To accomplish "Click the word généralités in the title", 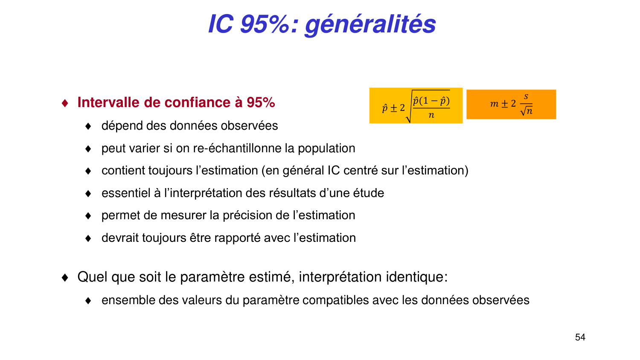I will tap(370, 24).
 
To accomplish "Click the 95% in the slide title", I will tap(265, 24).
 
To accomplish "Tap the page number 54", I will tap(580, 337).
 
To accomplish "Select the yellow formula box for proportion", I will tap(416, 106).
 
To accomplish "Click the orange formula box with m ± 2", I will tap(511, 104).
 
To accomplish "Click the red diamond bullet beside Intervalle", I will tap(65, 103).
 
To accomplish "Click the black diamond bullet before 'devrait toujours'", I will tap(88, 238).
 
